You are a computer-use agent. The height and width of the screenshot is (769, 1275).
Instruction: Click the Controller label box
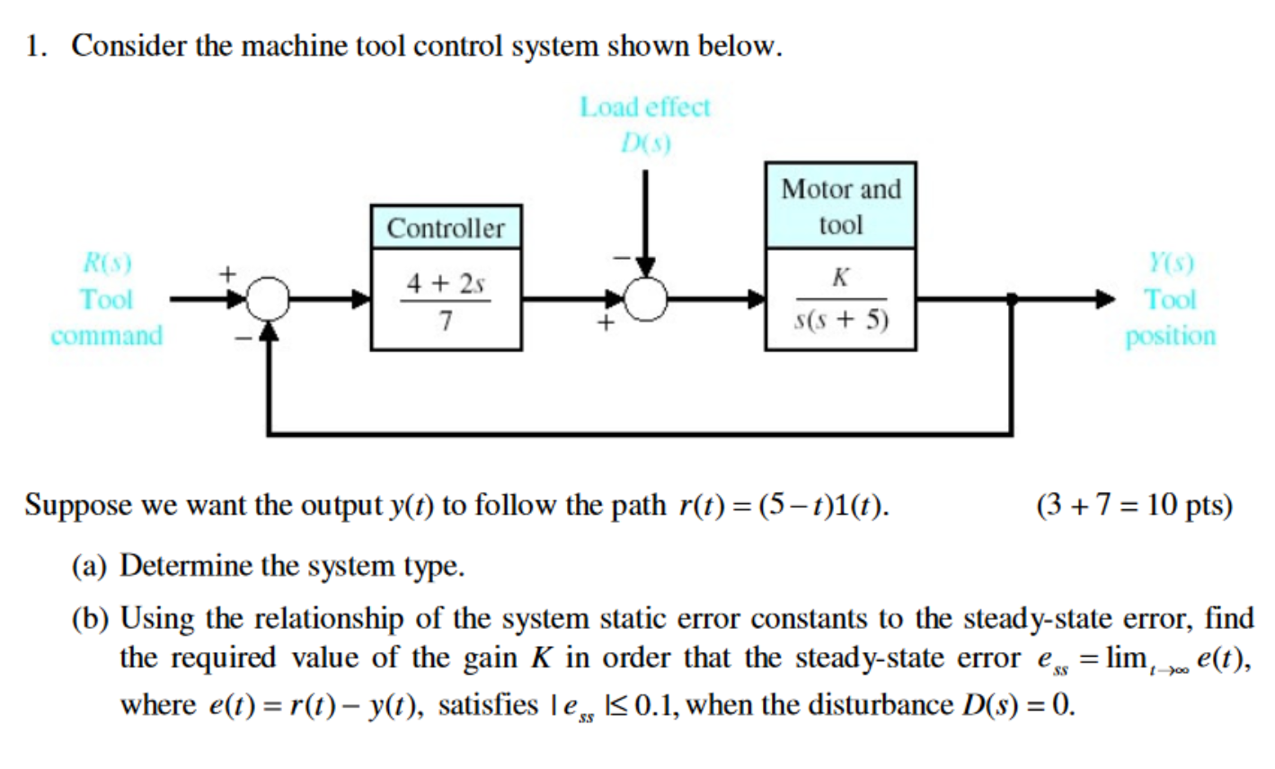(x=446, y=227)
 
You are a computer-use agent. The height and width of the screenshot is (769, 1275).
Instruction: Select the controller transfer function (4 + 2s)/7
(x=446, y=300)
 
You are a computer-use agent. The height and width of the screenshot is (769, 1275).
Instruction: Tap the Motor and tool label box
(x=840, y=206)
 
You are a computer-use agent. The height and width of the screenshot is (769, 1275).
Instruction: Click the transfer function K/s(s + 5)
(x=840, y=300)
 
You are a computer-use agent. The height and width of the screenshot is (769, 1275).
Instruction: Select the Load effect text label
(x=644, y=107)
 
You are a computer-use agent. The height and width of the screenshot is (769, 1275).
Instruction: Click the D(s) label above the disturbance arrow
(x=645, y=143)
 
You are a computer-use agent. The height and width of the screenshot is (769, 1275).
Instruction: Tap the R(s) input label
(x=107, y=262)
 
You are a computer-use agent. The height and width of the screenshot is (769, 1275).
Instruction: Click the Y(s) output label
(x=1170, y=262)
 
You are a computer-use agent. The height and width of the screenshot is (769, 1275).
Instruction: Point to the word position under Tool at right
(x=1170, y=336)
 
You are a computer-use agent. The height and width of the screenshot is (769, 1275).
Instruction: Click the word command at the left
(x=107, y=336)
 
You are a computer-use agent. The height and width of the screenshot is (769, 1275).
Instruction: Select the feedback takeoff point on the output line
(x=1013, y=300)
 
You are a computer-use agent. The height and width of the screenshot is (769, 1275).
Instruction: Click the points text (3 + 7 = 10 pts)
(x=1134, y=506)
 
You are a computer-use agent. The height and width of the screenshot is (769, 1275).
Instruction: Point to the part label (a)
(x=92, y=566)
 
